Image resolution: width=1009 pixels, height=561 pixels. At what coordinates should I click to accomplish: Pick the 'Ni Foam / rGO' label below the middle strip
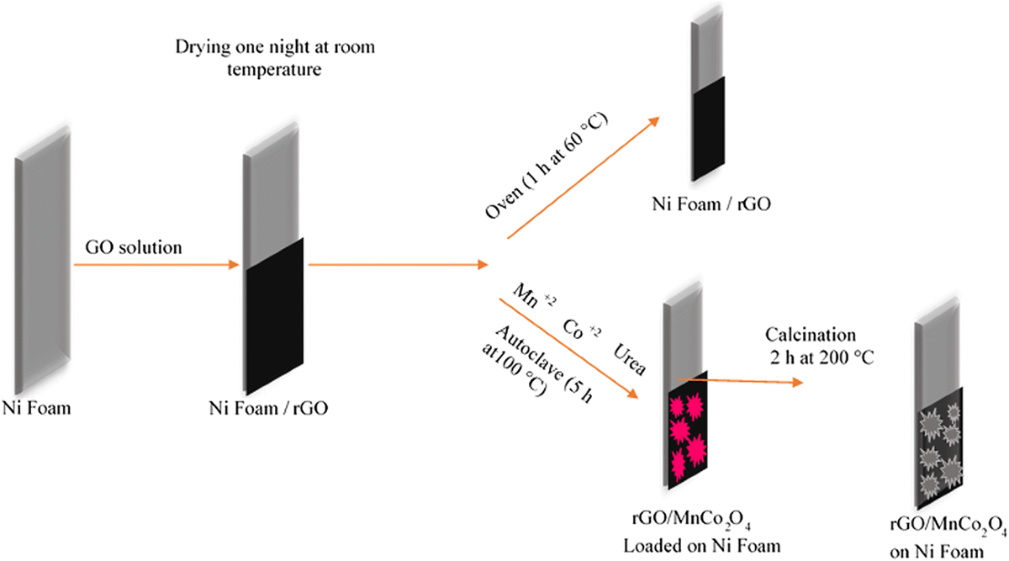click(x=268, y=410)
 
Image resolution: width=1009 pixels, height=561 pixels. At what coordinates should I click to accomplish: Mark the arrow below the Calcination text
click(x=740, y=381)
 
